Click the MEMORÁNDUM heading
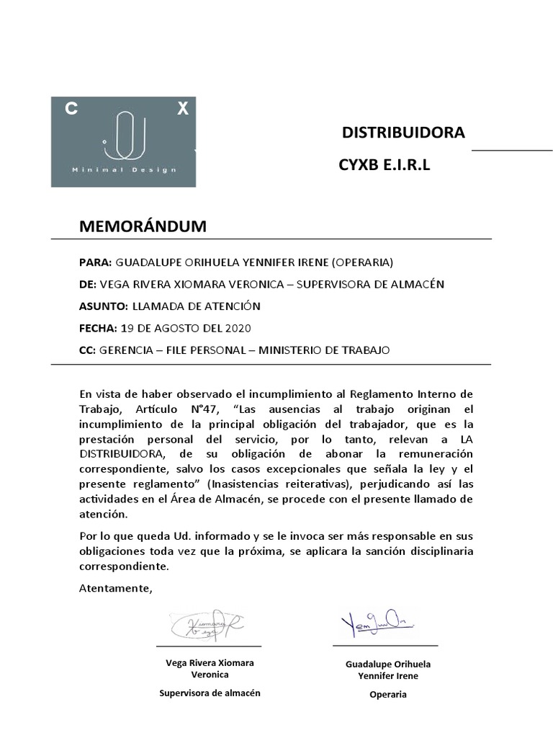(x=143, y=226)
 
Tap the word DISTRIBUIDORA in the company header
(x=403, y=133)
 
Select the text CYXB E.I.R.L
(x=384, y=165)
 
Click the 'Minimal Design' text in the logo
(x=124, y=170)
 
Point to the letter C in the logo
(x=71, y=109)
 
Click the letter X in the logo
(x=183, y=109)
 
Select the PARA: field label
(x=96, y=262)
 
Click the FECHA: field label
(x=98, y=329)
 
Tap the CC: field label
(x=87, y=350)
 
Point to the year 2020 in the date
(x=237, y=329)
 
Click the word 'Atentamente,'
(x=115, y=589)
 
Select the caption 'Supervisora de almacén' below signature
(x=210, y=693)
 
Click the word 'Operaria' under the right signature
(x=387, y=695)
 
